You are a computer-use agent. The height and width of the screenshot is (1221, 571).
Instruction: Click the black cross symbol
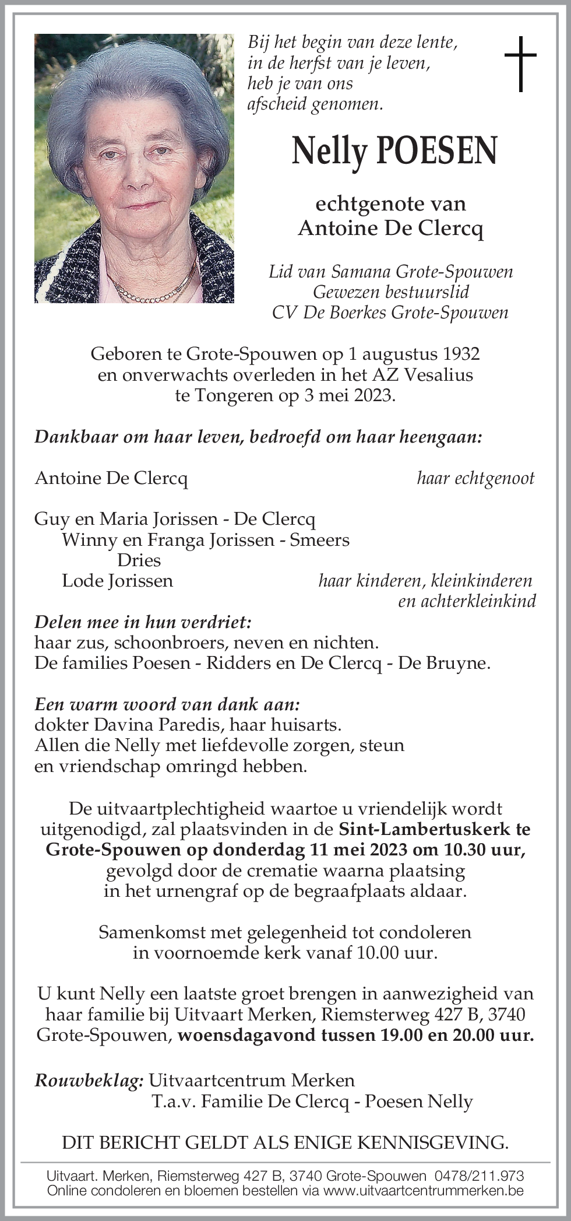[520, 64]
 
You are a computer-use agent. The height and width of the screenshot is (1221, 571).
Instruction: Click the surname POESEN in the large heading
[438, 150]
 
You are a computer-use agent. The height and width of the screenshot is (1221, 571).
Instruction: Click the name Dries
[139, 560]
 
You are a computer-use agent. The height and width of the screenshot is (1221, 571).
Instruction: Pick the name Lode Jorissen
[117, 581]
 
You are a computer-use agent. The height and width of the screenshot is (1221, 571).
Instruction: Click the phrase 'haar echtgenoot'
[475, 479]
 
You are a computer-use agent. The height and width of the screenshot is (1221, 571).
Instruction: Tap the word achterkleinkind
[467, 601]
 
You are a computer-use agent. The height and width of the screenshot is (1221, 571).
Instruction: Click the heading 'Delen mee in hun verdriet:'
[143, 622]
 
